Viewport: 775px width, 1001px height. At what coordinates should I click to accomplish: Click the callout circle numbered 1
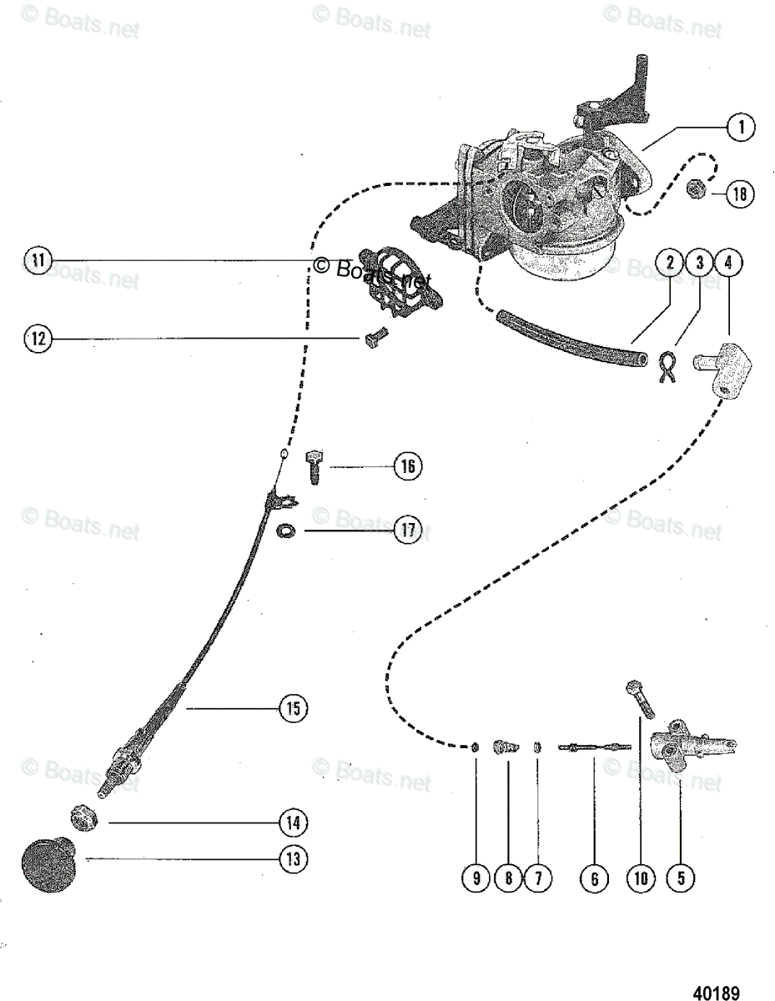[x=739, y=127]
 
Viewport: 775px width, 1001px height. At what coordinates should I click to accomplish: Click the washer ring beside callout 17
[x=286, y=530]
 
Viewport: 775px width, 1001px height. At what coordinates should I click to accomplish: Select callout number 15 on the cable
[x=292, y=708]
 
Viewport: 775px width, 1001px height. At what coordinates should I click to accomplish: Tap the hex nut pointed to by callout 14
[x=84, y=817]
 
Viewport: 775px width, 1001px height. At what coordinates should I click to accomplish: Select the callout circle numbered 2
[x=670, y=263]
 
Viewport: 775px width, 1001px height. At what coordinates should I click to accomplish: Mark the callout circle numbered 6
[x=593, y=878]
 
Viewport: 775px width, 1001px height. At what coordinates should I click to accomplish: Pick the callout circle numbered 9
[x=476, y=878]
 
